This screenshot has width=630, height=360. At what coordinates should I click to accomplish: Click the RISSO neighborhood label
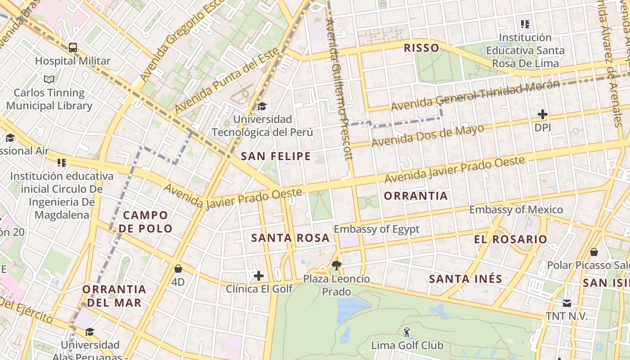coord(421,48)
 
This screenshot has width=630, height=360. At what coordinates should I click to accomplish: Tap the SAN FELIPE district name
coord(276,156)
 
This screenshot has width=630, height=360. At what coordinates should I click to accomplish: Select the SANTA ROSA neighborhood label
coord(290,238)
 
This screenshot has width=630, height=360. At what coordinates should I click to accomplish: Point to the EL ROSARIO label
coord(510,239)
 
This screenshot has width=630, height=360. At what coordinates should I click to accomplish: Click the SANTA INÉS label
coord(465,279)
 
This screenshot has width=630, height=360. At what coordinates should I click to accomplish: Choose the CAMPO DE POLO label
coord(145,222)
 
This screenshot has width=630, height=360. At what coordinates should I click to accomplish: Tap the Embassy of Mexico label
coord(516,210)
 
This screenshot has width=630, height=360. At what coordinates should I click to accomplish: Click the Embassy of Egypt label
coord(376,229)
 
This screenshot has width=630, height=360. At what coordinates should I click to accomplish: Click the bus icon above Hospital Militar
coord(72,48)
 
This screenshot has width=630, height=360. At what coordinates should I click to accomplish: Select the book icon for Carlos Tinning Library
coord(49,80)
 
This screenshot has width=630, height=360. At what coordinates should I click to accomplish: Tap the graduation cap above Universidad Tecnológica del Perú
coord(262,107)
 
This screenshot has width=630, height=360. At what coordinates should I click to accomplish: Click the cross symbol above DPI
coord(543,114)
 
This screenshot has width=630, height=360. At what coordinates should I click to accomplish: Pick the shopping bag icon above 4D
coord(178,269)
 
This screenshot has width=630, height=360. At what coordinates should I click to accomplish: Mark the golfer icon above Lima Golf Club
coord(407,332)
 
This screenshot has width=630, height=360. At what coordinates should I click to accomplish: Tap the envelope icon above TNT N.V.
coord(567,303)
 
